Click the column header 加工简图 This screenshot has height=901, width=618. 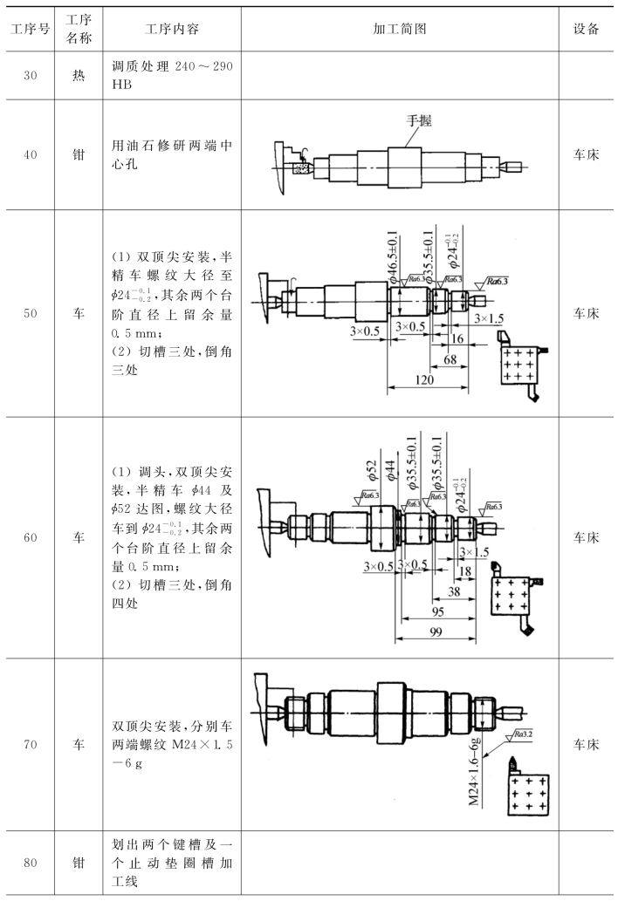click(399, 29)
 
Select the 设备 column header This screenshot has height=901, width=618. click(586, 29)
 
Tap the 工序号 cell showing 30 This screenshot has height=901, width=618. click(29, 76)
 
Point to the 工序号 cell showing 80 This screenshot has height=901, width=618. click(29, 863)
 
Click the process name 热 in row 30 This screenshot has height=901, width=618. click(79, 76)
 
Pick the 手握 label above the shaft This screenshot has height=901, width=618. click(420, 120)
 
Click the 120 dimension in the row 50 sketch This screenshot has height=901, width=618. click(425, 380)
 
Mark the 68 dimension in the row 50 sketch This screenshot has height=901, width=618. click(450, 359)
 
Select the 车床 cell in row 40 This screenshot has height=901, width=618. click(586, 154)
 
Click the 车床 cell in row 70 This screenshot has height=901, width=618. click(586, 746)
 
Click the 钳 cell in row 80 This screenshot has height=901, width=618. click(79, 863)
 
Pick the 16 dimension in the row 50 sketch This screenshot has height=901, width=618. click(458, 338)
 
